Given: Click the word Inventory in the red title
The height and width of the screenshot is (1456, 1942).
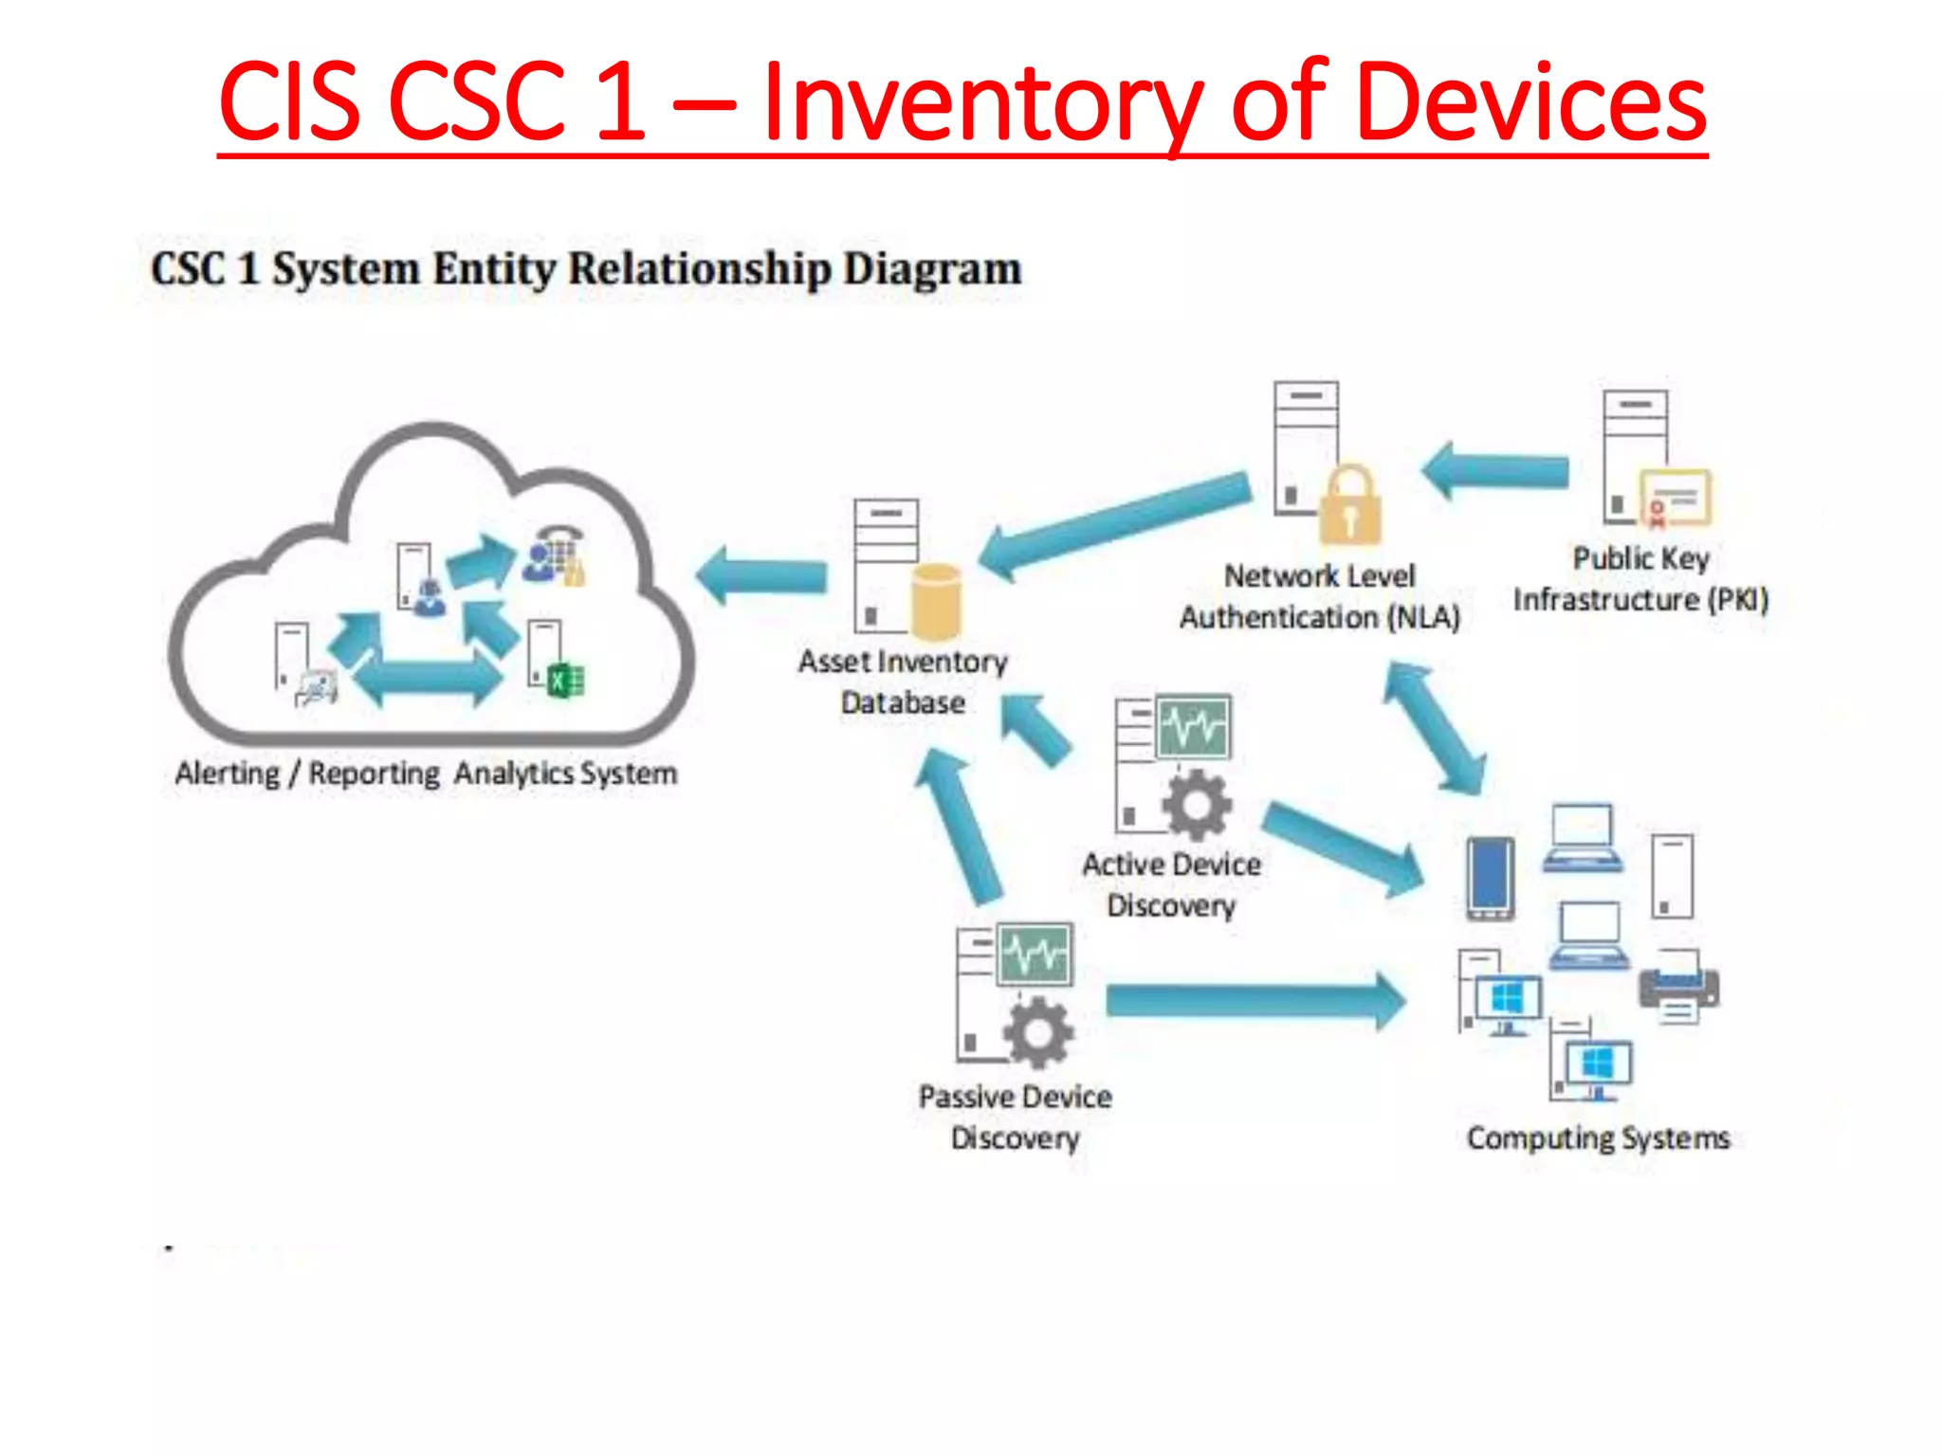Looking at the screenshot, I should click(981, 102).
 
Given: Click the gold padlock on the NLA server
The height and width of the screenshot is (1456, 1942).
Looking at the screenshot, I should click(1350, 506).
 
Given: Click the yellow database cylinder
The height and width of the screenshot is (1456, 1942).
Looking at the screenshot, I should click(936, 602).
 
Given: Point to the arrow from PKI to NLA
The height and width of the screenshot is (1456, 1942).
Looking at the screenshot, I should click(1498, 470).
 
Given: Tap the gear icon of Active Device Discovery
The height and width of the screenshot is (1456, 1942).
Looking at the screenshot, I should click(1197, 805).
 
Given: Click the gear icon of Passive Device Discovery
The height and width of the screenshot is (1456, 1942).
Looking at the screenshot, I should click(1038, 1032).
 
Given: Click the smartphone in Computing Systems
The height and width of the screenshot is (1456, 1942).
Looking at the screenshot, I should click(1490, 878).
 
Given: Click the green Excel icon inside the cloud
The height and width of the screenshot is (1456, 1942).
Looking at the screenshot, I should click(566, 681).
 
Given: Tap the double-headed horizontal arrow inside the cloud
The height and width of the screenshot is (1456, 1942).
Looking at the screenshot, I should click(427, 679).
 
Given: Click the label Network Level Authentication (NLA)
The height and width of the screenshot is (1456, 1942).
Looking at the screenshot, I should click(1319, 596).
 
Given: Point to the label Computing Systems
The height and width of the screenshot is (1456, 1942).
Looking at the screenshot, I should click(1598, 1137).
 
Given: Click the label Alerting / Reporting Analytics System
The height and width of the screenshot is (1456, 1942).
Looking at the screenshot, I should click(426, 773).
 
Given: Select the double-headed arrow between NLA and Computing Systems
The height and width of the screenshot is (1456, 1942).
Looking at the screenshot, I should click(1434, 728).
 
